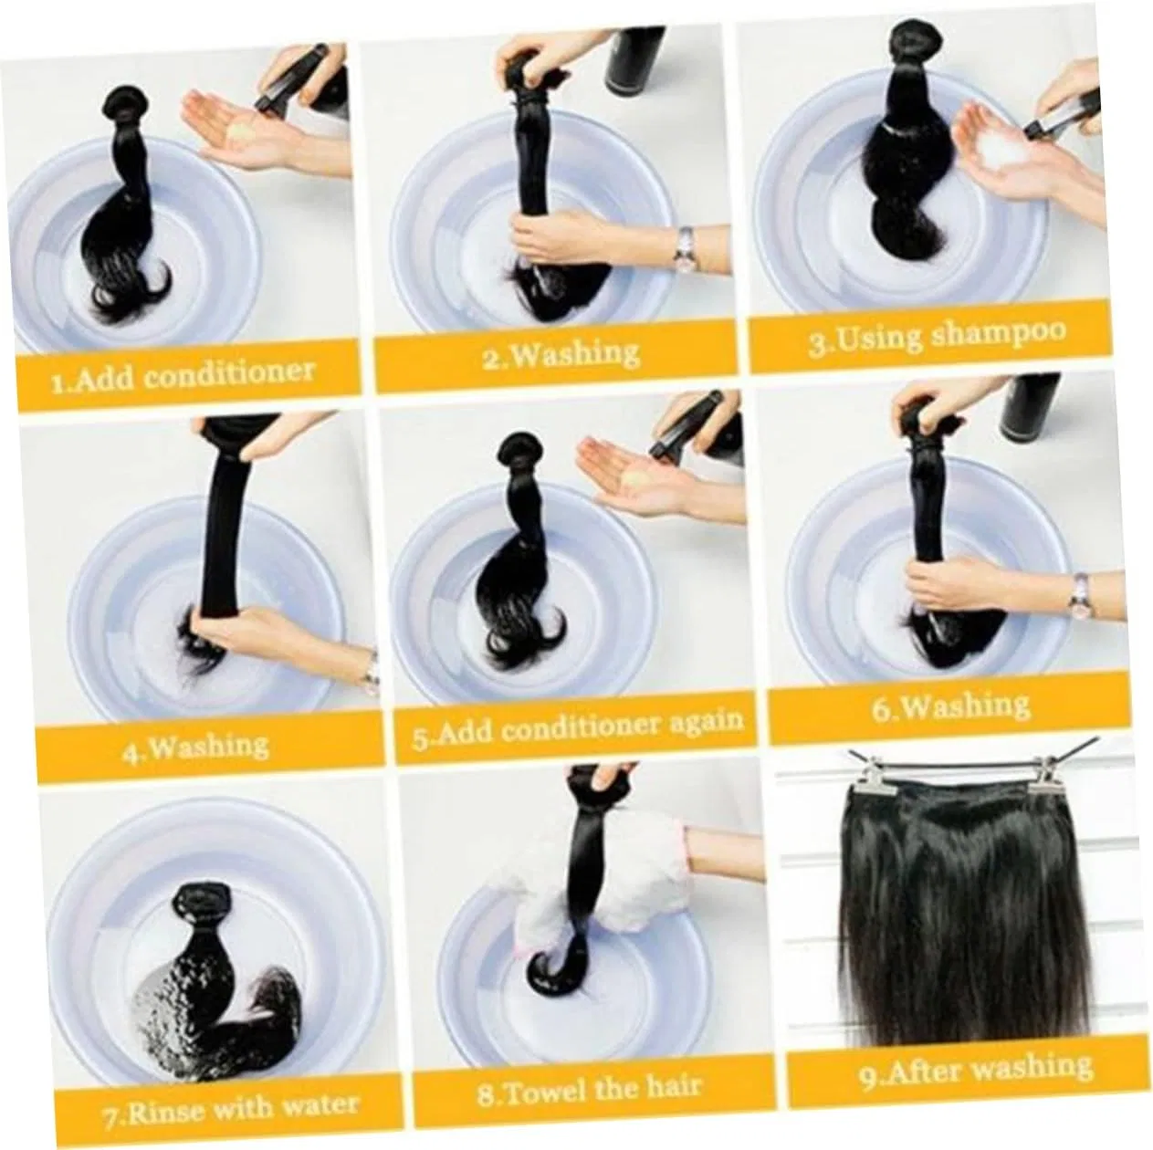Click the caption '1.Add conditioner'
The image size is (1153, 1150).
(x=183, y=375)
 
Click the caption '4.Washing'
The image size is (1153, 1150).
(x=195, y=747)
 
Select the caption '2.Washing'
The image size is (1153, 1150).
(x=561, y=355)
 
